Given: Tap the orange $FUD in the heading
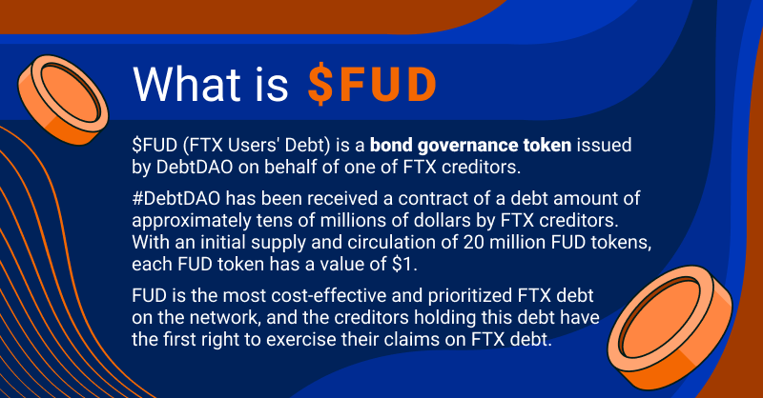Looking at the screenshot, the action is (372, 85).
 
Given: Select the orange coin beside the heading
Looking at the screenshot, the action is (63, 100).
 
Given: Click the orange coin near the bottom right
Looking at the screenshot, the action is (670, 327).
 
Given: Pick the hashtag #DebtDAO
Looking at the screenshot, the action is (176, 198).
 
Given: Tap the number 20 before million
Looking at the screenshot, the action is (474, 242).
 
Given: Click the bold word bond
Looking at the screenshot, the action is (391, 146).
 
